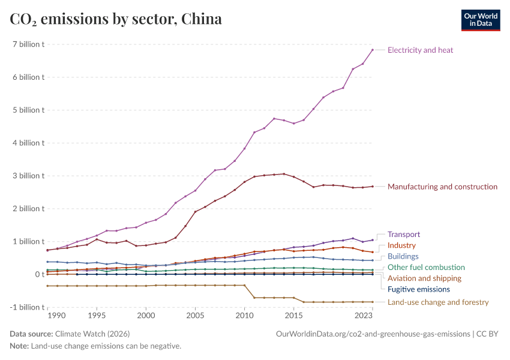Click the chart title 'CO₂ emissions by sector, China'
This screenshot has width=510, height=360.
(x=116, y=19)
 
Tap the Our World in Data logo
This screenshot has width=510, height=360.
(x=480, y=19)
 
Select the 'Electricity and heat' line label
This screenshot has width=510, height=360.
(x=420, y=50)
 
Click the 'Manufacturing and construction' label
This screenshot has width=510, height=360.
(x=442, y=187)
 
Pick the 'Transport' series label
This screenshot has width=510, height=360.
(x=404, y=235)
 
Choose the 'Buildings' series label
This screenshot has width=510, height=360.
(x=403, y=256)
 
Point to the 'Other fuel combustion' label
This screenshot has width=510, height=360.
(x=426, y=267)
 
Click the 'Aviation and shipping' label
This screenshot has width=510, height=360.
(x=424, y=278)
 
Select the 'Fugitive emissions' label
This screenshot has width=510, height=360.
(x=419, y=289)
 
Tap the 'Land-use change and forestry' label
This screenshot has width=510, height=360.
(x=438, y=302)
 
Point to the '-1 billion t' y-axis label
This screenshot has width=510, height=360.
(x=26, y=307)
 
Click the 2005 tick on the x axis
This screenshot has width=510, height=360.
(x=195, y=315)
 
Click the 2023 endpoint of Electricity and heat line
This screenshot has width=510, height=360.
(x=373, y=50)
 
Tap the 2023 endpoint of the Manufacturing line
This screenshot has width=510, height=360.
(x=373, y=186)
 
